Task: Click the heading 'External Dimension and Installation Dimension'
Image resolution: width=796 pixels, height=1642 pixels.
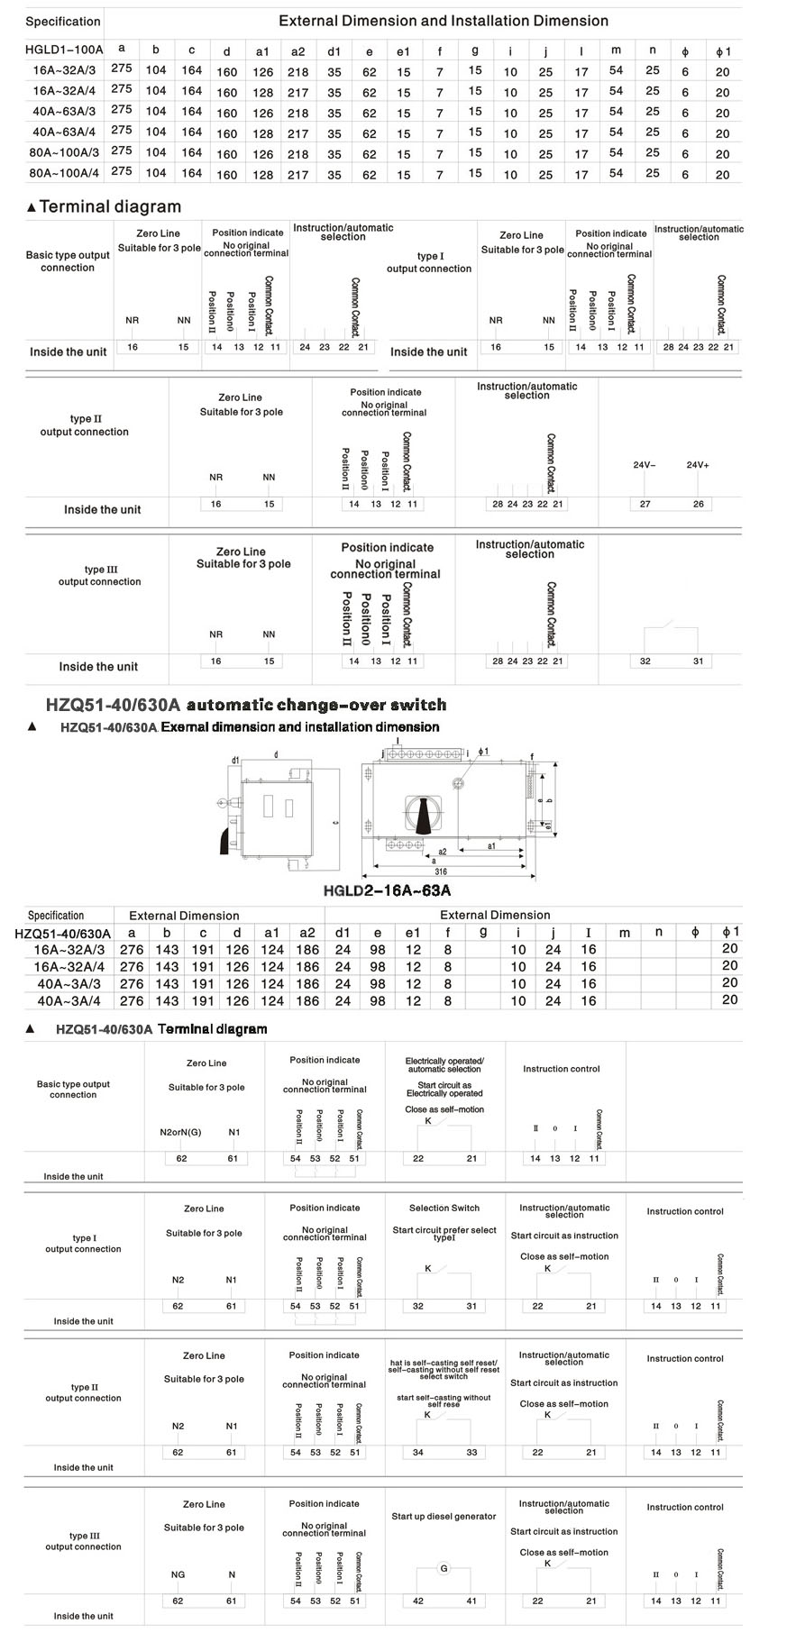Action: click(443, 21)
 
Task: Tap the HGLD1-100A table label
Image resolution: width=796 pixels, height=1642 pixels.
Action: click(64, 50)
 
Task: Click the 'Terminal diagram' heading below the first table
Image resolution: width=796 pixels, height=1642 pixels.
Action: click(110, 207)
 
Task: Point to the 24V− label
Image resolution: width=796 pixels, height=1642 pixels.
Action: click(645, 465)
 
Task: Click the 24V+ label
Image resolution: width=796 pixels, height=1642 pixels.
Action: click(698, 465)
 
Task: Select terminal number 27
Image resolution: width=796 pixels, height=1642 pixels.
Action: click(645, 504)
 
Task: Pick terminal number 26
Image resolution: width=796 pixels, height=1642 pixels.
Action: click(699, 504)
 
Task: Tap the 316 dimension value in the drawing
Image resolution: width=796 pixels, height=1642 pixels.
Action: click(441, 871)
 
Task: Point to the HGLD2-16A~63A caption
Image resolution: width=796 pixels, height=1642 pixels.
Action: click(387, 890)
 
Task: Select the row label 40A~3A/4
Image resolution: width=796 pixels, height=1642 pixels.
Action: click(69, 1000)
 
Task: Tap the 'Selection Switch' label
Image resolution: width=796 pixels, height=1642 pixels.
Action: click(444, 1208)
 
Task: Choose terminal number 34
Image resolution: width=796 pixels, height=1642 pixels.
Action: click(418, 1452)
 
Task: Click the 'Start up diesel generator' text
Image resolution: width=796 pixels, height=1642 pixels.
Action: click(444, 1516)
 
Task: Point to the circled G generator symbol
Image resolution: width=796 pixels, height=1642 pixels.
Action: click(444, 1569)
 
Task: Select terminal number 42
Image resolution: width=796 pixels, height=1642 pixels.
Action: click(418, 1601)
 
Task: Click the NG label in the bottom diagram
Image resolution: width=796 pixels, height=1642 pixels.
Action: click(178, 1574)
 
